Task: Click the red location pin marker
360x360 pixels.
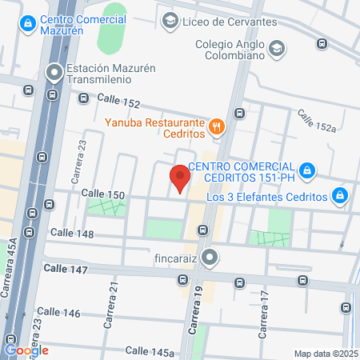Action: (180, 178)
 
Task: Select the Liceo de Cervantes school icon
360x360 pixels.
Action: (170, 21)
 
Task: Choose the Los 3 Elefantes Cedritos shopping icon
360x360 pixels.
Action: (340, 196)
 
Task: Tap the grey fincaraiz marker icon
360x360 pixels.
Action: (210, 258)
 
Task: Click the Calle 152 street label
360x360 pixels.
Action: (118, 101)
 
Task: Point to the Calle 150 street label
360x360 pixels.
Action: (103, 194)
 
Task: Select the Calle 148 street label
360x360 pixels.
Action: (72, 234)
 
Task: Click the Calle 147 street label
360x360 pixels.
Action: (66, 270)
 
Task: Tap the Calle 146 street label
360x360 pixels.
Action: (58, 311)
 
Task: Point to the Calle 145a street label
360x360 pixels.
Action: (150, 351)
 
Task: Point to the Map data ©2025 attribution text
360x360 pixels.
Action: (326, 354)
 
